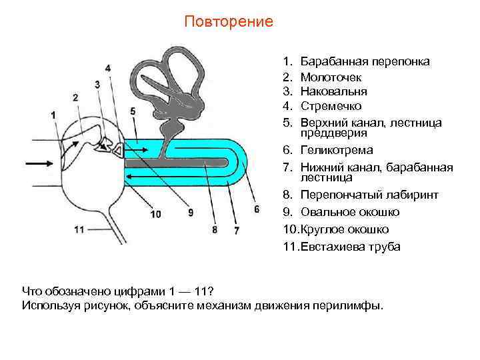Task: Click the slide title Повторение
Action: (x=229, y=22)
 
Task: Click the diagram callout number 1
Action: (x=53, y=115)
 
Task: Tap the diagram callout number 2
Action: (x=76, y=97)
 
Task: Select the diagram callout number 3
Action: (x=97, y=84)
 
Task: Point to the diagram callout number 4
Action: (x=108, y=68)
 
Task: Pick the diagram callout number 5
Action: (x=133, y=111)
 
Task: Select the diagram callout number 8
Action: (x=214, y=230)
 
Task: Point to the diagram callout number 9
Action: (x=191, y=213)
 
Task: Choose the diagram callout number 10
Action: (x=155, y=214)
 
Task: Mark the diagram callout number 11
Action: (x=79, y=229)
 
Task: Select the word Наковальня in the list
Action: (x=334, y=91)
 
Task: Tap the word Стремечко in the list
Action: (x=331, y=105)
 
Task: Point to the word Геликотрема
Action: (x=337, y=150)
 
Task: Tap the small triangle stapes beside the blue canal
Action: (x=118, y=151)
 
